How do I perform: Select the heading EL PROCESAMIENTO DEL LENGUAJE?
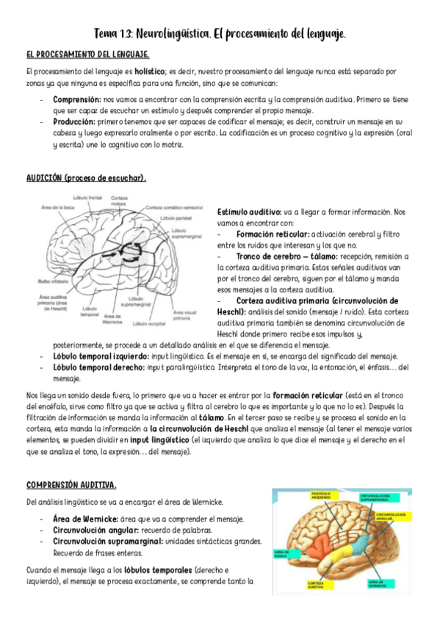coord(88,54)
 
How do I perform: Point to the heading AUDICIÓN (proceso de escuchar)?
coord(86,178)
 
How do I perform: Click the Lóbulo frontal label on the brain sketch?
coord(87,198)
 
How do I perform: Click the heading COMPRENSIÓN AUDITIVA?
coord(71,486)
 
